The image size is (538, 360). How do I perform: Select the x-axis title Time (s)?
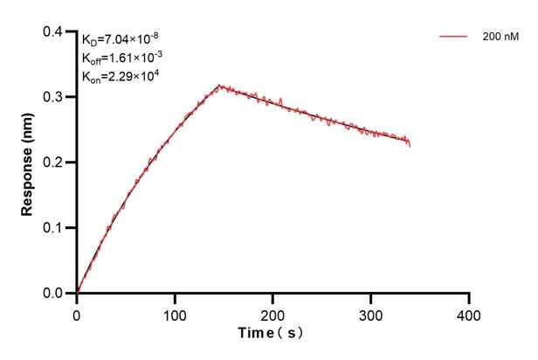[272, 333]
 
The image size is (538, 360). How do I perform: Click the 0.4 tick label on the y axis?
[53, 32]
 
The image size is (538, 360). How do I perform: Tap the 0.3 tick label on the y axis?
[53, 98]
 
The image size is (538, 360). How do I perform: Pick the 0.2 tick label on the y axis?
[53, 163]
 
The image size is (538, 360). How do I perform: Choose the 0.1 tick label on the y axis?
[53, 228]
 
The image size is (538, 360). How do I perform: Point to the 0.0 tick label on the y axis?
[53, 294]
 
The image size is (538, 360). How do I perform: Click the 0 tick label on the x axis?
[77, 313]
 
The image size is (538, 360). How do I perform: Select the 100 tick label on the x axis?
[175, 313]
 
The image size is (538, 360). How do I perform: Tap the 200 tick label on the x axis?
[272, 313]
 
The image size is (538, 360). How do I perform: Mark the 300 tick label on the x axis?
[371, 313]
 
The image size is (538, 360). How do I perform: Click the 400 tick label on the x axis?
[469, 313]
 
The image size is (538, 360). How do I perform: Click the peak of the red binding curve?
[219, 86]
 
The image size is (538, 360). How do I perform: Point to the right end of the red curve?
[410, 143]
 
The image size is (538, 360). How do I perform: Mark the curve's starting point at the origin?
[77, 293]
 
